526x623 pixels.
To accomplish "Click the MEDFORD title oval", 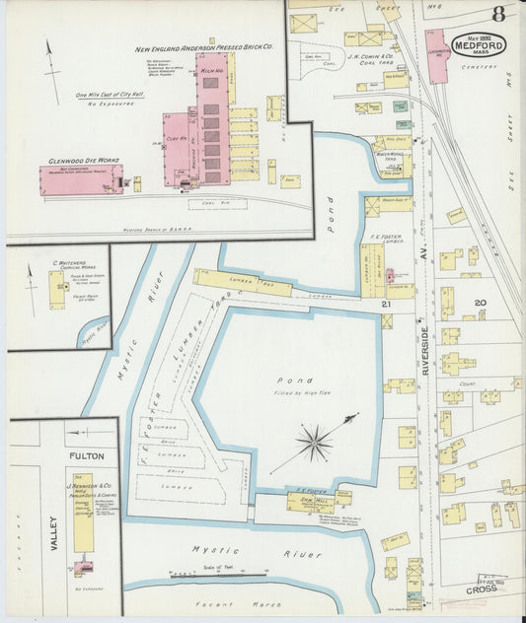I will pyautogui.click(x=480, y=44).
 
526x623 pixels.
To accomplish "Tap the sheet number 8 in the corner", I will pyautogui.click(x=499, y=14).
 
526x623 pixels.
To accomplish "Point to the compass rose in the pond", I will pyautogui.click(x=315, y=443).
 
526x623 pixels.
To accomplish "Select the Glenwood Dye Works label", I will pyautogui.click(x=77, y=160).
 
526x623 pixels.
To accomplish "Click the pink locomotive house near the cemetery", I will pyautogui.click(x=436, y=56).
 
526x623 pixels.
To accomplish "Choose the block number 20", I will pyautogui.click(x=481, y=303).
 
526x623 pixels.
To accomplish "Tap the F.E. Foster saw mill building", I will pyautogui.click(x=310, y=501).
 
